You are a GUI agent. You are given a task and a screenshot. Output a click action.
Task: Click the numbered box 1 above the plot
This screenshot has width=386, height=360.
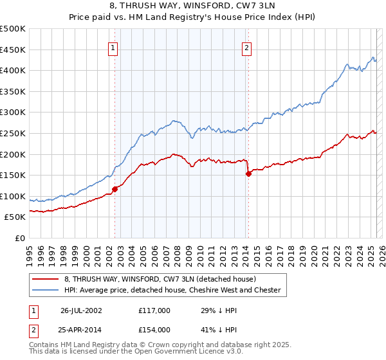point(113,47)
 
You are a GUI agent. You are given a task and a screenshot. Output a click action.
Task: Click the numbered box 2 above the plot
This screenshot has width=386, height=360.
point(247,47)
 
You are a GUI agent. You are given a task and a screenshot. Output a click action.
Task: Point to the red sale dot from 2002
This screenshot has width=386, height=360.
point(115,189)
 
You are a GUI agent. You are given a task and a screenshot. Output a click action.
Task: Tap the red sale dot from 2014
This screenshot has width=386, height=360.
point(248,174)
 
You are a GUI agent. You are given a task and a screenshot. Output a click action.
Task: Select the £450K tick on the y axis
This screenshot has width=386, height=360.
point(13,50)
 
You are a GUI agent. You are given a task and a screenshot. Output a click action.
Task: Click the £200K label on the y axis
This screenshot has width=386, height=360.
point(13,154)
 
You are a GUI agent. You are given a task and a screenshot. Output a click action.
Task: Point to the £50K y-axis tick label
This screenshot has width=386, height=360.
point(15,217)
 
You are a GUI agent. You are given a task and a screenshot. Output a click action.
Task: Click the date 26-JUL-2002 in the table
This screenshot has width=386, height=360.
point(81,310)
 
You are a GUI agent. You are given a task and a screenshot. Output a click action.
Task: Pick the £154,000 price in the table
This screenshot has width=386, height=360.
point(154,330)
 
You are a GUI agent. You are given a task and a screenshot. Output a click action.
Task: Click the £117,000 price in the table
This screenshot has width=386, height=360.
point(154,310)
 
